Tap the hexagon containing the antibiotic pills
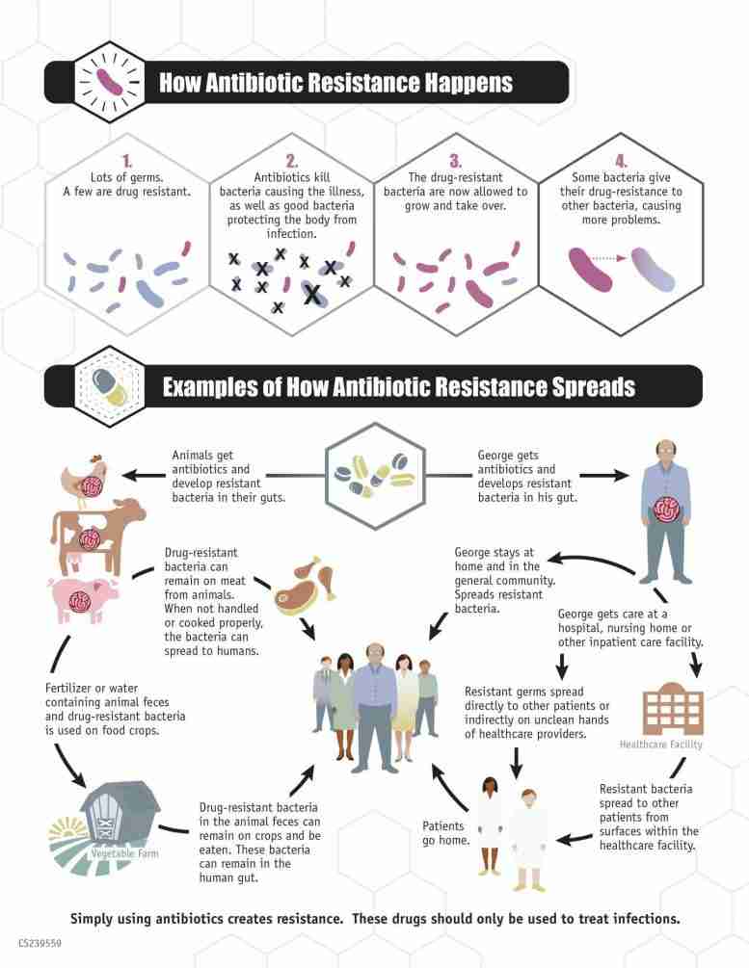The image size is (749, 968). [375, 476]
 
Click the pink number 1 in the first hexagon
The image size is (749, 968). [127, 162]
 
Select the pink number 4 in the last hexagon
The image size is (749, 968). [621, 162]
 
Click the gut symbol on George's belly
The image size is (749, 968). [666, 510]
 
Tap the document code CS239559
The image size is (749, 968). [40, 943]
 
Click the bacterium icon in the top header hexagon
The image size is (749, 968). [109, 82]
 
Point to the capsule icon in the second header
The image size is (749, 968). [109, 387]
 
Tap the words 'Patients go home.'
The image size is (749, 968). [445, 833]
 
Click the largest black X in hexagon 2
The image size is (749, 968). [312, 295]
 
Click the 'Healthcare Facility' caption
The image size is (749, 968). [660, 745]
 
